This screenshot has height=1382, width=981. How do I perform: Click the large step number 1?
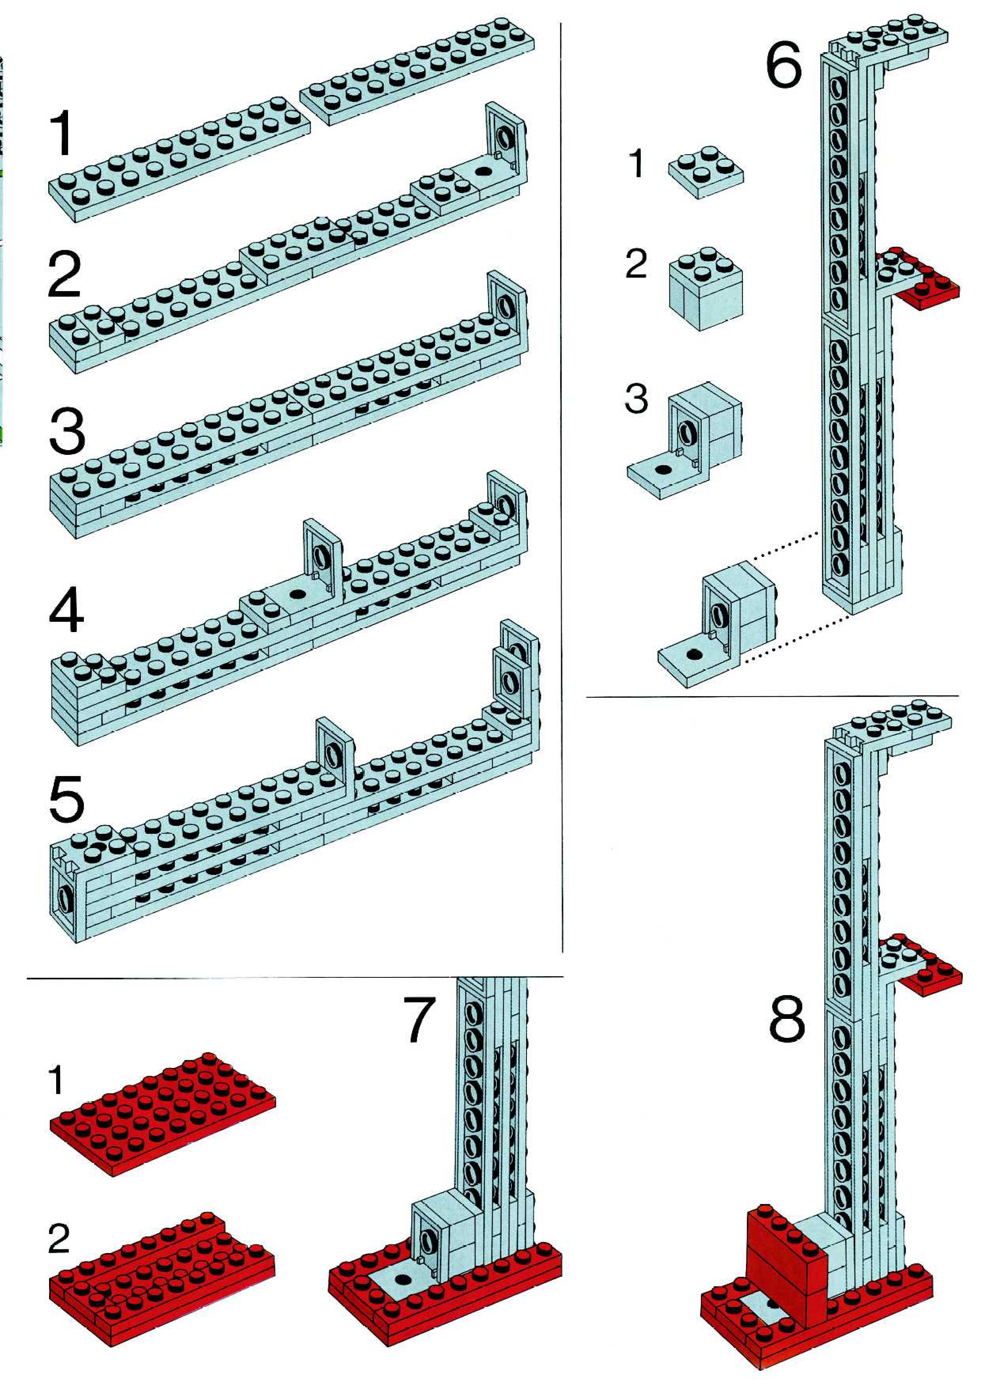62,133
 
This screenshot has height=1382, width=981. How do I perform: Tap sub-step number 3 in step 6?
636,399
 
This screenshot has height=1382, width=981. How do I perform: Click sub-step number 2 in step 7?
59,1238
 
